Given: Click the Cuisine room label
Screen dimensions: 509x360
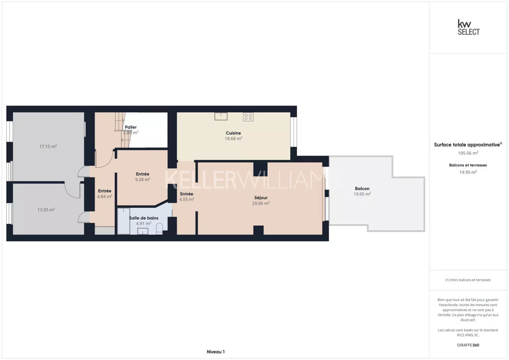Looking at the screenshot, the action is [234, 133].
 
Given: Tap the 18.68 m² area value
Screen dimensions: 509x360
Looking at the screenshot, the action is [234, 138].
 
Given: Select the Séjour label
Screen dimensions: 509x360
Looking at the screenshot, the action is [261, 197].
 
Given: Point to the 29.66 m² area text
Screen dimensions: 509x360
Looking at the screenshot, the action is [261, 203].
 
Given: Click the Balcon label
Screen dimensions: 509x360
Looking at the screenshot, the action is [362, 188].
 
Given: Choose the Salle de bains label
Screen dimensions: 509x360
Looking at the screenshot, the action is [144, 218].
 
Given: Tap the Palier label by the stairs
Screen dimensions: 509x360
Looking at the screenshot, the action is [131, 127].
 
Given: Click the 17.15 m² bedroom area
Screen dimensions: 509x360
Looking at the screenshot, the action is [48, 147].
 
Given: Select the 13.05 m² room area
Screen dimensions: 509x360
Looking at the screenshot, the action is [46, 210].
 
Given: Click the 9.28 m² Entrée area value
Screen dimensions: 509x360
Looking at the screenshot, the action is [143, 179].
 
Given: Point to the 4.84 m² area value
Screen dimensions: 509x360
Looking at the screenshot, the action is [105, 196].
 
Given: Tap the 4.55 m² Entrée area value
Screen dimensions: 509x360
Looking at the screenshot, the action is [187, 200].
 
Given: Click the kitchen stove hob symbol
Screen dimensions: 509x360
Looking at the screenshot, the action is [249, 117].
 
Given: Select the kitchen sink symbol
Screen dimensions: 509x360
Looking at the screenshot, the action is [221, 116].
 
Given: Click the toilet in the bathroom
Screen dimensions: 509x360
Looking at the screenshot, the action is [160, 229].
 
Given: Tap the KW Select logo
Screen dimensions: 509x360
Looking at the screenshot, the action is [468, 27].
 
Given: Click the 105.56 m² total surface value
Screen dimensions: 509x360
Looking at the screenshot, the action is [468, 153].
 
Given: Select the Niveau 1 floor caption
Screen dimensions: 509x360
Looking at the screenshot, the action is [216, 352].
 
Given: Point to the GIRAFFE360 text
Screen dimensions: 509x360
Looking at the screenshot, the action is [468, 345].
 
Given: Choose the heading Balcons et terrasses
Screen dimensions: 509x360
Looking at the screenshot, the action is [468, 165].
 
